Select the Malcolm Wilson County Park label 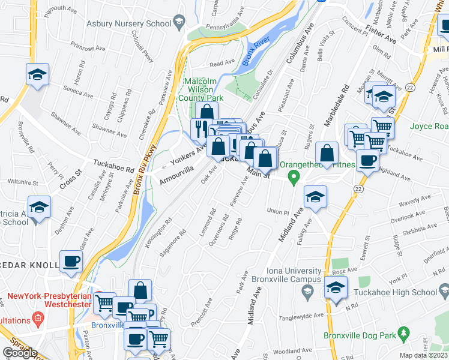(x=203, y=89)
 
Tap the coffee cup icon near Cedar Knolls (x=72, y=262)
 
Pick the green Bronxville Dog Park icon (x=404, y=332)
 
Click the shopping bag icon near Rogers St (x=327, y=154)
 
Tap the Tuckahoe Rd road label (x=113, y=166)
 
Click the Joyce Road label (x=429, y=127)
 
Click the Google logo (x=20, y=352)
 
